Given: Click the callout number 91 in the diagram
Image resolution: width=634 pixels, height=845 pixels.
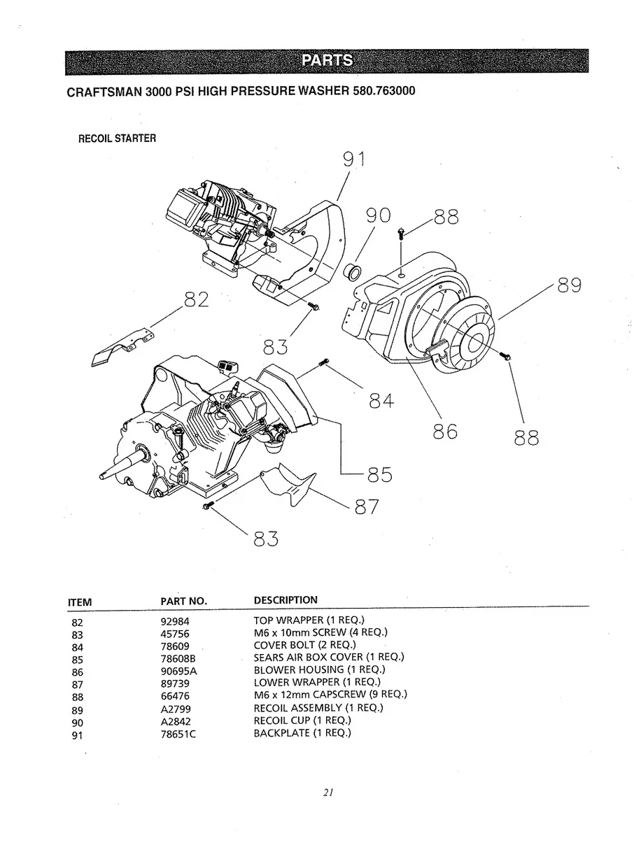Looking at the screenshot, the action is click(354, 159).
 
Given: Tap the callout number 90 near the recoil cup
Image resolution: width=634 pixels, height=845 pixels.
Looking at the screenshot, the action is click(378, 215).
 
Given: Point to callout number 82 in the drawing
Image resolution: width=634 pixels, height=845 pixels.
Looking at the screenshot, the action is click(197, 299).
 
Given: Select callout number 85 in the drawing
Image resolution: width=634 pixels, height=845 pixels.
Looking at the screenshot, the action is click(380, 474).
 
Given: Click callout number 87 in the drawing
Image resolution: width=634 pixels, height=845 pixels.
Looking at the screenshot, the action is click(367, 506).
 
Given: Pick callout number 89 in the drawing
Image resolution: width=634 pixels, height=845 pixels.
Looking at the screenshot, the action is click(570, 285).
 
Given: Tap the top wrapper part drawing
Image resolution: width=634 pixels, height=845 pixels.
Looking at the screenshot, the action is click(122, 347).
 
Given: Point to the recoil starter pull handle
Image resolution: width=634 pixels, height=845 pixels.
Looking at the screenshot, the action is click(437, 346).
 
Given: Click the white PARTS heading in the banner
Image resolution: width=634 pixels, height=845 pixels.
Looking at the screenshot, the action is click(327, 60).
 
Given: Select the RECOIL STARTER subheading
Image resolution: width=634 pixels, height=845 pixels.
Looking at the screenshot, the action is click(117, 139).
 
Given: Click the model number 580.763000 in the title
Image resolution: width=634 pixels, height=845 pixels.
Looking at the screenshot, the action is click(383, 91).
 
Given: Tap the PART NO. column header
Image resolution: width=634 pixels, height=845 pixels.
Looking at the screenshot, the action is click(183, 601).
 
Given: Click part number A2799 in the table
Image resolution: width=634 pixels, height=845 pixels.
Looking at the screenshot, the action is click(176, 709).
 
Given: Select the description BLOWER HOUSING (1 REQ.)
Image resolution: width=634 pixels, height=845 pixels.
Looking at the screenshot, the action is click(319, 669).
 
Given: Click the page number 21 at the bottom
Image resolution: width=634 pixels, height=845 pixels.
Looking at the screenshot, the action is click(328, 793).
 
